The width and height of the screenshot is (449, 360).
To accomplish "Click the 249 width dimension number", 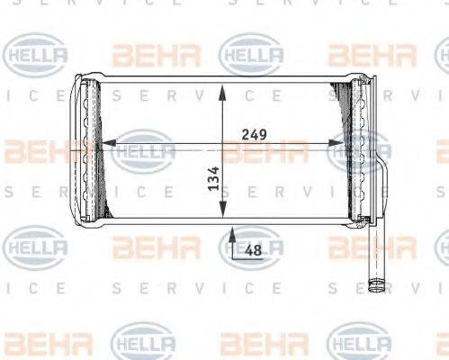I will tap(255, 134).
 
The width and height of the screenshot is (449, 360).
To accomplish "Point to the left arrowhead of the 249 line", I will tap(103, 142).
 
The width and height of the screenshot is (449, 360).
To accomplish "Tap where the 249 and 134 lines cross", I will tap(223, 142).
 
